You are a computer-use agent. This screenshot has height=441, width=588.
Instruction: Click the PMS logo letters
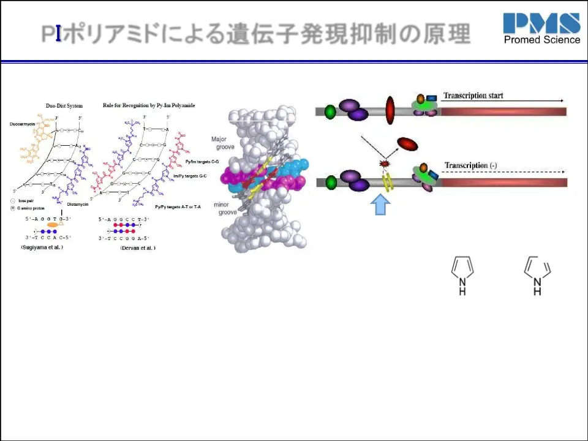[541, 23]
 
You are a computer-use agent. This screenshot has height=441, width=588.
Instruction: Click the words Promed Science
[541, 40]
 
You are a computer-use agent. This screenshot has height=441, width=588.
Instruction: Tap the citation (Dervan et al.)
[134, 247]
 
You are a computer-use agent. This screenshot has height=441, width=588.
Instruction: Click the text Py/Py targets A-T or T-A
[178, 208]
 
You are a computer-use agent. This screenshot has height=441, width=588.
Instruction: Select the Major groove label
[219, 143]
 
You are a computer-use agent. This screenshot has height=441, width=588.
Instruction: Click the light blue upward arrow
[381, 204]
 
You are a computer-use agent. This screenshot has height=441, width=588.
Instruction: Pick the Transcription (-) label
[475, 165]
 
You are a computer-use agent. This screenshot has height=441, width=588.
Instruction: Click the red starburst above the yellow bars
[385, 164]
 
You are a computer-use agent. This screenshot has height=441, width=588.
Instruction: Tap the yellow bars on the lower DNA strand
[387, 181]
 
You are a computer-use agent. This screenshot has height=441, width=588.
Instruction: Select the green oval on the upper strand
[331, 111]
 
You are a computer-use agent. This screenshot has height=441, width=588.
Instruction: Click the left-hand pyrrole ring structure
[462, 273]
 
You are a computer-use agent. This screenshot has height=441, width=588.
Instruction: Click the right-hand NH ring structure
[537, 273]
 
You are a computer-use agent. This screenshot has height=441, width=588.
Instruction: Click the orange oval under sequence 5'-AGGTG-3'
[53, 225]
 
